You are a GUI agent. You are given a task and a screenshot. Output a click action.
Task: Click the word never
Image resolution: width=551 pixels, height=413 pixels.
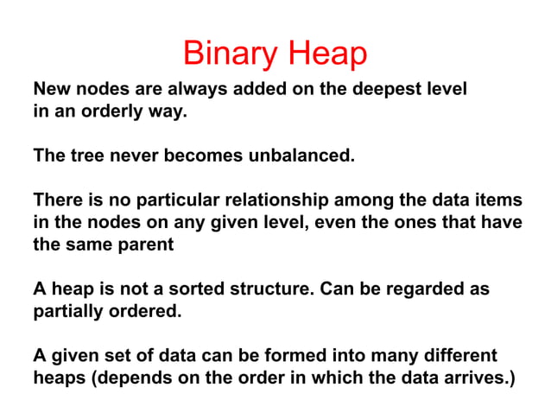pyautogui.click(x=129, y=156)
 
